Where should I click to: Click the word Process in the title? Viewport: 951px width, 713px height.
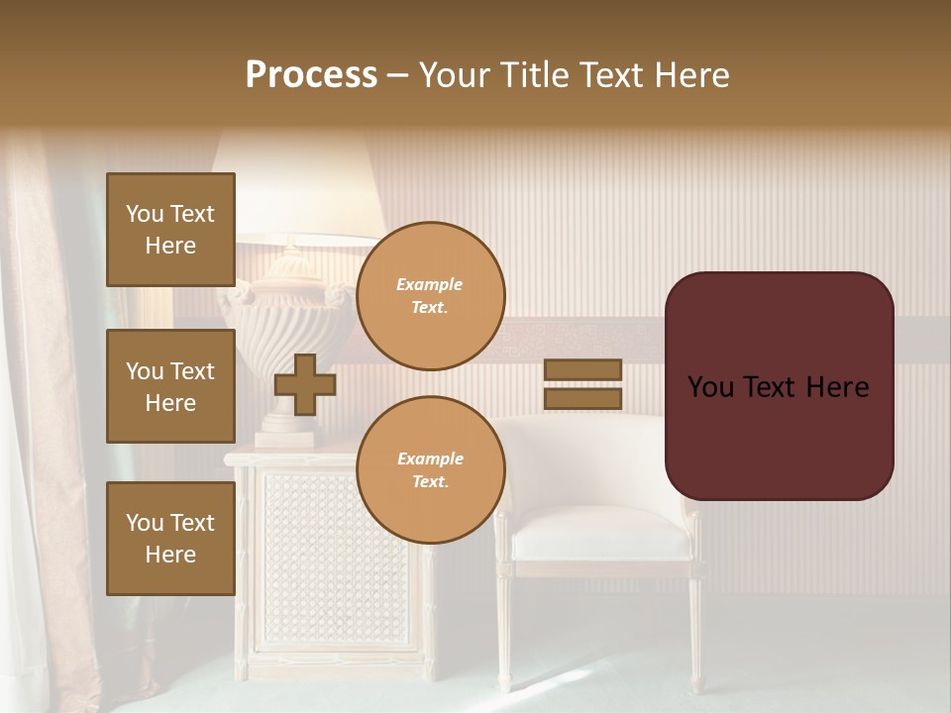pos(311,75)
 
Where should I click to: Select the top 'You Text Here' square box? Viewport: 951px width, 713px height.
pos(170,230)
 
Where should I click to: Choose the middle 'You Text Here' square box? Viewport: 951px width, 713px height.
pos(170,386)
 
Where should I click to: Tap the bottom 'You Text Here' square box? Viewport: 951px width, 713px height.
pos(170,539)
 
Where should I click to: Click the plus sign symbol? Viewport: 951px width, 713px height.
pos(305,384)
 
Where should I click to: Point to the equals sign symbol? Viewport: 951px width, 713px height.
pos(582,384)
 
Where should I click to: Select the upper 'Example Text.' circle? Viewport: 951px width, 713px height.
pos(430,296)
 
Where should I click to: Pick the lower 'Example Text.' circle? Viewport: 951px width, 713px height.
pos(430,470)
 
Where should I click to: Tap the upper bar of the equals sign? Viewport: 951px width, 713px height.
pos(582,369)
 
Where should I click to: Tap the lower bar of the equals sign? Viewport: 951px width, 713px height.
pos(582,399)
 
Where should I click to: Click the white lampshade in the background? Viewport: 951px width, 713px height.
pos(297,188)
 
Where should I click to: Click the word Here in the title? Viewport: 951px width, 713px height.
pos(690,75)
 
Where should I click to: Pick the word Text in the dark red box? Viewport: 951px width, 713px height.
pos(776,387)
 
